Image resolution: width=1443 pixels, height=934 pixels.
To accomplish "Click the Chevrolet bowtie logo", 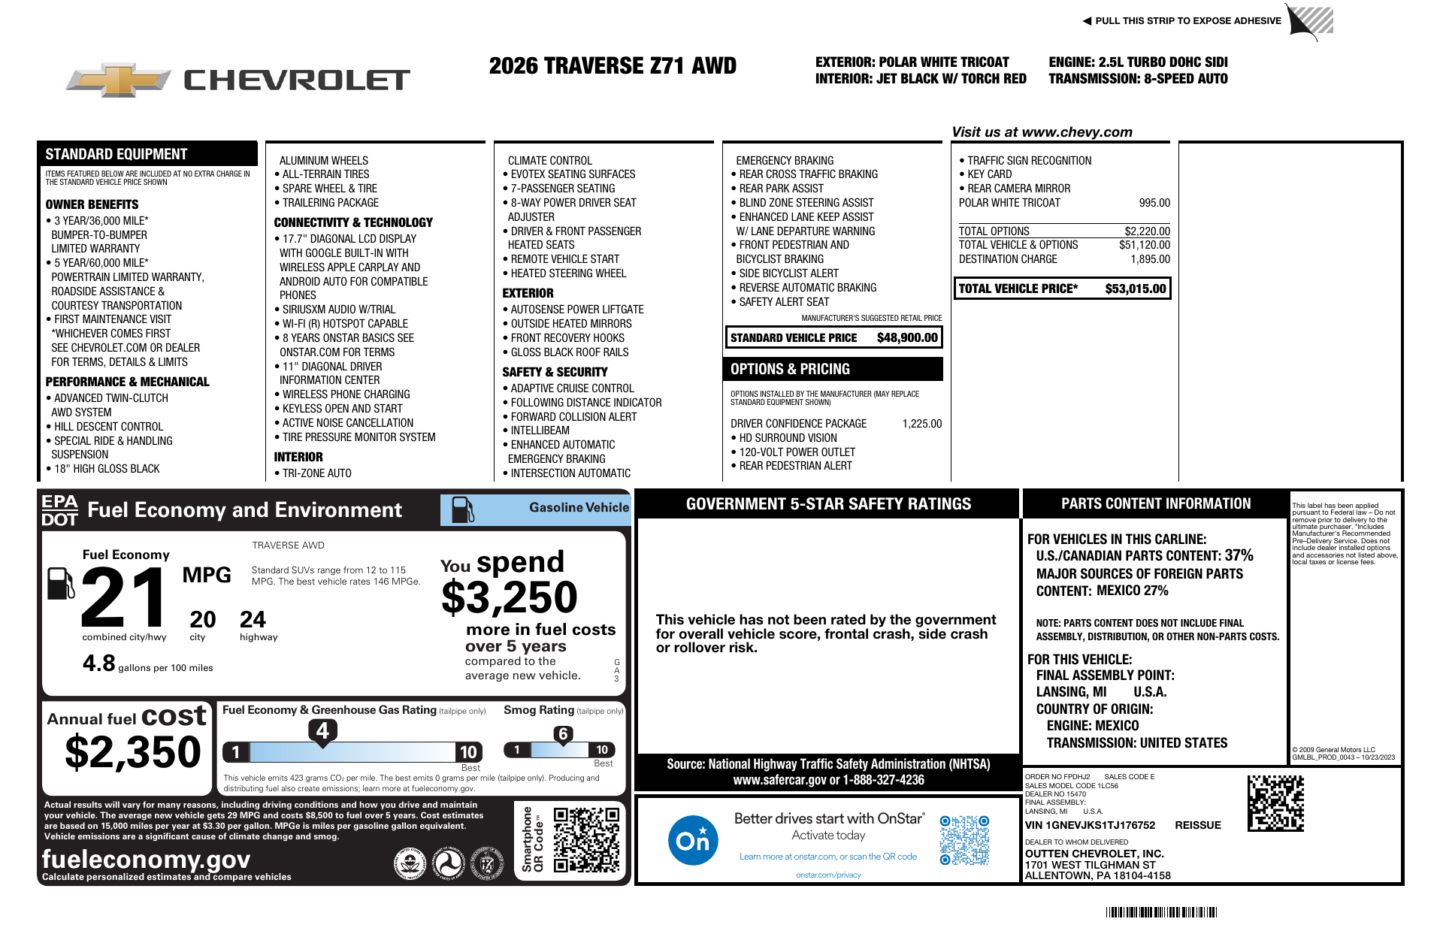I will [x=119, y=80].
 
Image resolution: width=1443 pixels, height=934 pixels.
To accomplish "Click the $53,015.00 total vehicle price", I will [x=1135, y=289].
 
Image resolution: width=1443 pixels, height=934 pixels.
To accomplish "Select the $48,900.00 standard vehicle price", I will [x=907, y=338].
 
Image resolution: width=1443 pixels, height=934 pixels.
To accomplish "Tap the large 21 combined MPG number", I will [x=125, y=597].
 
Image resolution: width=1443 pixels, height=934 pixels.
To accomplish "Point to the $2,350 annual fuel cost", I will [x=133, y=752].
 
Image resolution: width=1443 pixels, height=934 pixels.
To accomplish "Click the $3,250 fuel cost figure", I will [x=509, y=598].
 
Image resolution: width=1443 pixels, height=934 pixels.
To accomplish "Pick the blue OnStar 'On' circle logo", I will [x=692, y=840].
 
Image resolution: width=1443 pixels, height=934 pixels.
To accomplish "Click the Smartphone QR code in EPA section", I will [x=586, y=839].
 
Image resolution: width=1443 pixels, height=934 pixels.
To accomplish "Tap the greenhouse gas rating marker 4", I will [x=322, y=730].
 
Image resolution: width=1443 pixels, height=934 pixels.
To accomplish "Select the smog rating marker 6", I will [x=563, y=734].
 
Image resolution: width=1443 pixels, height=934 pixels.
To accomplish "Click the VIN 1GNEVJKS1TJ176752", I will [x=1090, y=825].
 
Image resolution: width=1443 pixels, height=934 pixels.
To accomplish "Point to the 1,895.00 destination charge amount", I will [x=1150, y=259].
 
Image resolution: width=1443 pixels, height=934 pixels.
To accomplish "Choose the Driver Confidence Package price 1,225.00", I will [x=921, y=424].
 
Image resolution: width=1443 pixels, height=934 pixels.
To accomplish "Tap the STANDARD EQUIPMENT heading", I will [x=116, y=154].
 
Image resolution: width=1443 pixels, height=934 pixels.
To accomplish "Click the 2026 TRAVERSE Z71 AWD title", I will [x=613, y=66].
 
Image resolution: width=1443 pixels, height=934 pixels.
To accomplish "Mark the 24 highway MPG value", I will [x=253, y=620].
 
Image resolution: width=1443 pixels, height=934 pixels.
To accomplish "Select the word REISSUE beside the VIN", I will [x=1197, y=825].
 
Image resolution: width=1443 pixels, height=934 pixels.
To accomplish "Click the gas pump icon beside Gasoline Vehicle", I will [x=462, y=510].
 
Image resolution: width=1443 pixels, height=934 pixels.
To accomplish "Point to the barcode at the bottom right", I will [x=1160, y=912].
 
